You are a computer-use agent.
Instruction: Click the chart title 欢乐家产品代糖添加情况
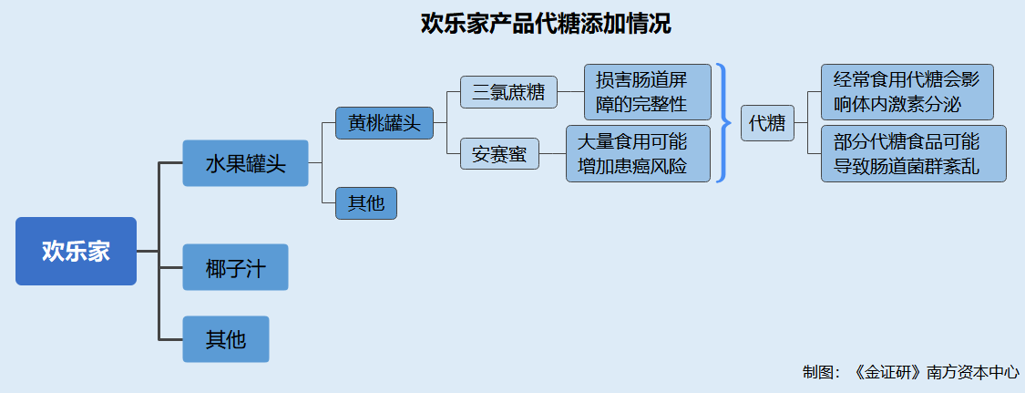(546, 25)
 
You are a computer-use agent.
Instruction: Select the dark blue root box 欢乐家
(76, 251)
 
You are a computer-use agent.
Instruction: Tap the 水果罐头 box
(245, 163)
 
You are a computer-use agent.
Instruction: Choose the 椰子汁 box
(235, 267)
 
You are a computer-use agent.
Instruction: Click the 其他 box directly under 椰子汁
(226, 338)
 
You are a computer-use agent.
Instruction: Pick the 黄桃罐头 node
(384, 123)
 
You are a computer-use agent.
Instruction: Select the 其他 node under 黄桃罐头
(366, 203)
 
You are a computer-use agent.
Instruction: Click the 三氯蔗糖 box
(508, 92)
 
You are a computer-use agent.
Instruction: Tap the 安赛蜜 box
(499, 154)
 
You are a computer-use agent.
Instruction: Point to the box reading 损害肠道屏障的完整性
(648, 91)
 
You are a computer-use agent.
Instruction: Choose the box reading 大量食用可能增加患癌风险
(638, 154)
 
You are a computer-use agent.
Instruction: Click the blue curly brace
(723, 122)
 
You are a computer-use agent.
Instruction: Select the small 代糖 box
(767, 123)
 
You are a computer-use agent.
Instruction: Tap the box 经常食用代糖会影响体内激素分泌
(907, 91)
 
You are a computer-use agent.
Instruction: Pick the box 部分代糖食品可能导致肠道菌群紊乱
(914, 154)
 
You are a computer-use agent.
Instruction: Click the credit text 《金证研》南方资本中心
(936, 373)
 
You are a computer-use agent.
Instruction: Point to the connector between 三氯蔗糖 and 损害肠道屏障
(570, 92)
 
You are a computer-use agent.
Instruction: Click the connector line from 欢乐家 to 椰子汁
(158, 267)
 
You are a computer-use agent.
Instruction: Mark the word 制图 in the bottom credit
(817, 373)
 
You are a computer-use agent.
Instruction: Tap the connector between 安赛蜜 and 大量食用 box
(552, 154)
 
